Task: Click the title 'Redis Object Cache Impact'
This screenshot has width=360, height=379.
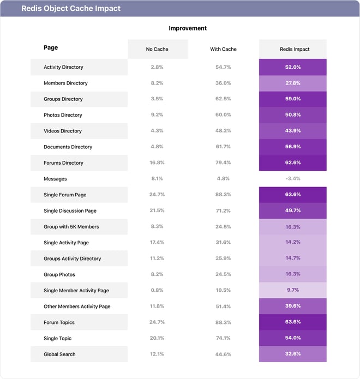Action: [x=71, y=9]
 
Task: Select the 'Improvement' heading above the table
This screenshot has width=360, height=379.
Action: [x=188, y=28]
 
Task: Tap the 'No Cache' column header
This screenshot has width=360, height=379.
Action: [x=157, y=49]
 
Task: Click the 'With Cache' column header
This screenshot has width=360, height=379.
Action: [x=223, y=49]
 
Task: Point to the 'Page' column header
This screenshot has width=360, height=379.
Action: [x=51, y=48]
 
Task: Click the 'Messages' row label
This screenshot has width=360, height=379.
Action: [x=55, y=179]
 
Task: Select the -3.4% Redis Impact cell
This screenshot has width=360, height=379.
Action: [x=293, y=179]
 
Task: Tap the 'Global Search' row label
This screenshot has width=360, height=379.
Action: [x=59, y=354]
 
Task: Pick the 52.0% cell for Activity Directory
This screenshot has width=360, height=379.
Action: [x=293, y=67]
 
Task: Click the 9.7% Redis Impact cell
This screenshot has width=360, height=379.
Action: [x=293, y=291]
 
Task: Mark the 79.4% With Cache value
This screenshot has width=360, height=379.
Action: [x=223, y=163]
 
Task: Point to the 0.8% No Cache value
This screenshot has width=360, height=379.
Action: [x=157, y=291]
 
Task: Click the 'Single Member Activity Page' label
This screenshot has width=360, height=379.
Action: [x=76, y=291]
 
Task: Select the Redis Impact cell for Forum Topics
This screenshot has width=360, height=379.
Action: [x=293, y=322]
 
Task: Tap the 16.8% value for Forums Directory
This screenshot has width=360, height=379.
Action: [x=157, y=163]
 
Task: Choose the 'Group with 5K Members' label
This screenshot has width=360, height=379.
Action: [x=71, y=227]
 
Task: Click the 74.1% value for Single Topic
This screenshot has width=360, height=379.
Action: [x=223, y=339]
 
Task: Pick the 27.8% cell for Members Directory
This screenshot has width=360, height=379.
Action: [x=293, y=83]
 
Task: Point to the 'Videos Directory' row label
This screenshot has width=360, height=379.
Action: [x=63, y=131]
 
